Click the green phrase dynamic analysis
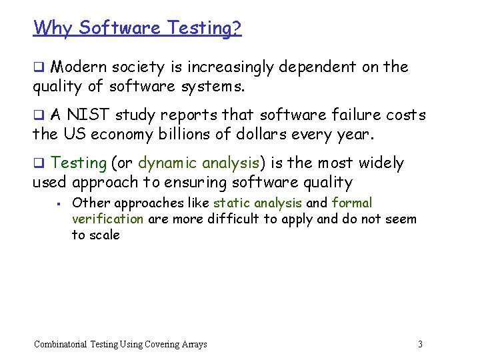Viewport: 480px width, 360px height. click(x=198, y=163)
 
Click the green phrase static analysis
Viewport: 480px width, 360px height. click(x=257, y=203)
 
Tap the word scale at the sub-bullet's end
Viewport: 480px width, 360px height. click(x=104, y=235)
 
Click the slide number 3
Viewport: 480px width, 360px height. click(x=420, y=344)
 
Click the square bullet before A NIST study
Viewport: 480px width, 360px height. click(x=38, y=115)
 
